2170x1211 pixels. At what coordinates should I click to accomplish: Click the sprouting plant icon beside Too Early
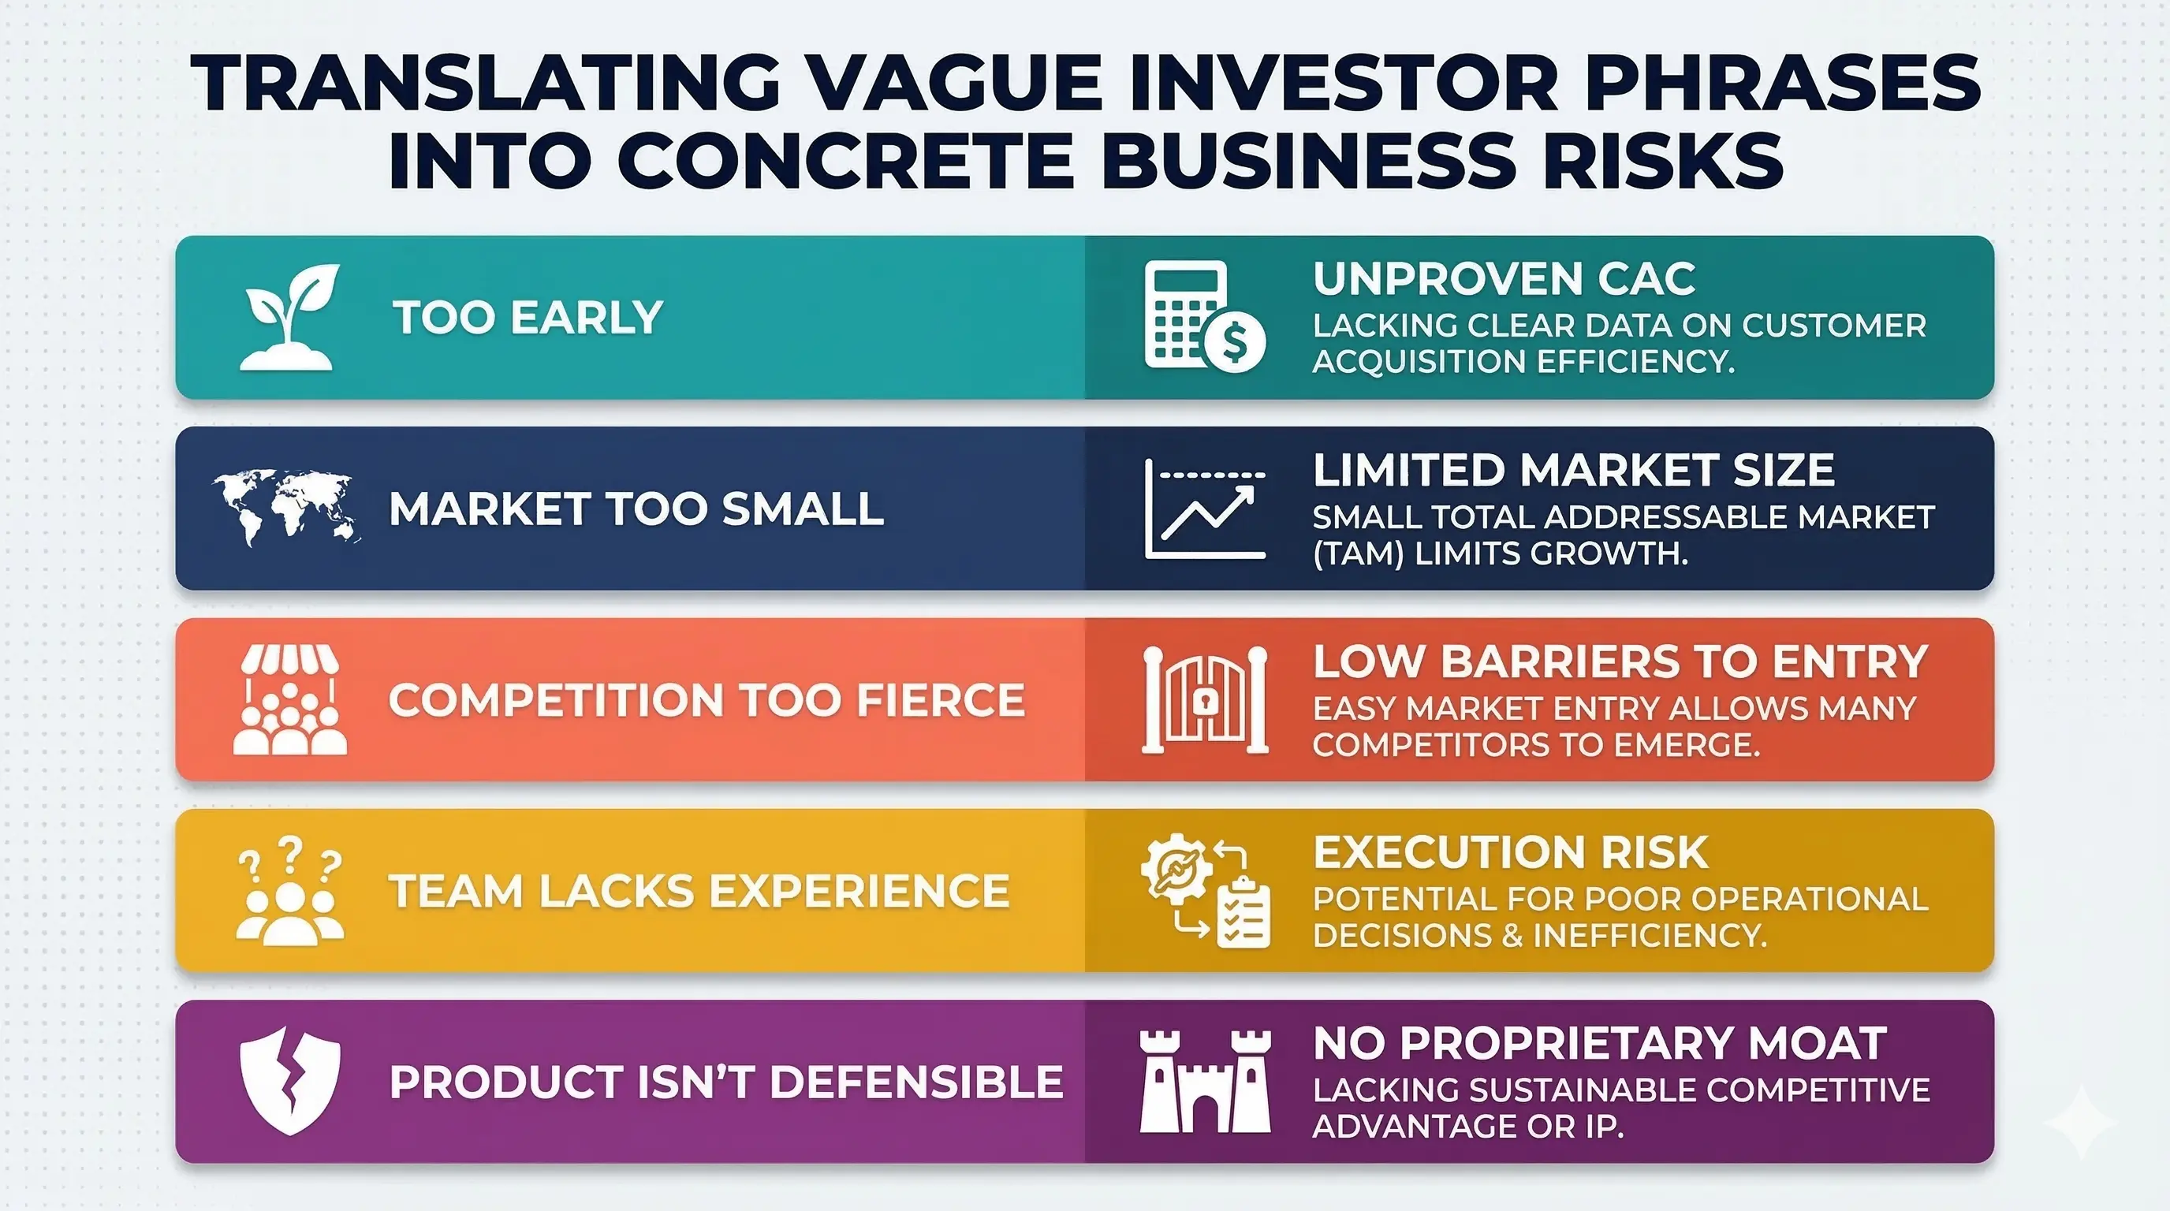click(288, 318)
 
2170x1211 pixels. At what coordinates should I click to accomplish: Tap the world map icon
click(285, 507)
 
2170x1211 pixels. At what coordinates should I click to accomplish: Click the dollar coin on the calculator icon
click(1235, 342)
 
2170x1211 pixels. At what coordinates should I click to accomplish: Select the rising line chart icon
click(1206, 509)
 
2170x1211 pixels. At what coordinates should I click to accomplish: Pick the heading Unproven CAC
click(1504, 279)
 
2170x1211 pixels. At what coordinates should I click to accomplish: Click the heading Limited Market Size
click(1573, 470)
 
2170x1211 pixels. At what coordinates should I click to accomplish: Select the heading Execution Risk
click(1511, 852)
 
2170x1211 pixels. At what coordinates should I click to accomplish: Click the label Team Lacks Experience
click(699, 891)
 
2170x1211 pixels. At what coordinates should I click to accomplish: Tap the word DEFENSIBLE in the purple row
click(915, 1082)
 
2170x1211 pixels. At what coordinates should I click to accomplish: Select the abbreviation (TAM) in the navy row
click(1358, 554)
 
